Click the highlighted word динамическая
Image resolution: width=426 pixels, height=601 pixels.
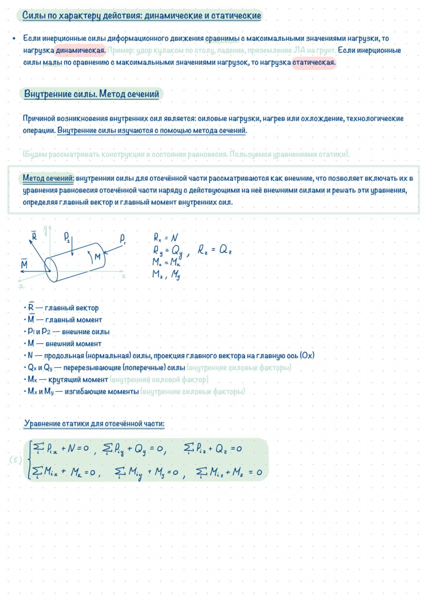[x=81, y=50]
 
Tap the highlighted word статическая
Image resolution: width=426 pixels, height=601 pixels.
[x=313, y=63]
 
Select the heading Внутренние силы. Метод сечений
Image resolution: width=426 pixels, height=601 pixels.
[x=91, y=94]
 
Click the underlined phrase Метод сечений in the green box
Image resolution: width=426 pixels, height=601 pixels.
[x=48, y=179]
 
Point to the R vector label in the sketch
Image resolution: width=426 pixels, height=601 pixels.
[x=34, y=236]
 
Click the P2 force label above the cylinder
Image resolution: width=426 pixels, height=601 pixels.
[x=67, y=237]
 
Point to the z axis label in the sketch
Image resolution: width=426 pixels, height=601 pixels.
[x=123, y=278]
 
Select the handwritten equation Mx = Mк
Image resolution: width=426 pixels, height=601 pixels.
[x=167, y=263]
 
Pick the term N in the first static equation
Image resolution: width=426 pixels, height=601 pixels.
[x=73, y=448]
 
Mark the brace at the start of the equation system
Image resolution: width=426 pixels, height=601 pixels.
[x=29, y=460]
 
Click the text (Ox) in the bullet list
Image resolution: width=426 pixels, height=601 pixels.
[x=306, y=355]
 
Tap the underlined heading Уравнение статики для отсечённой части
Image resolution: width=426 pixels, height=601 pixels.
[x=94, y=424]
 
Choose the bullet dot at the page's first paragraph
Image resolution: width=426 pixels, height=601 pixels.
[x=13, y=38]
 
